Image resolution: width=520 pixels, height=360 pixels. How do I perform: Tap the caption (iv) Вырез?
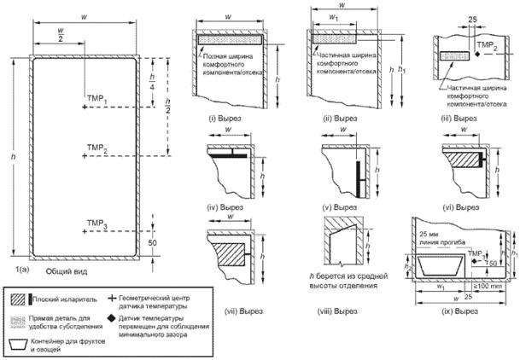(226, 206)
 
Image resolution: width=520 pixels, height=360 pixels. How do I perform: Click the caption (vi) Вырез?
(467, 206)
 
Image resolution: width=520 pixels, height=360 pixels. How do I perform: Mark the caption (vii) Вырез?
(226, 290)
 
